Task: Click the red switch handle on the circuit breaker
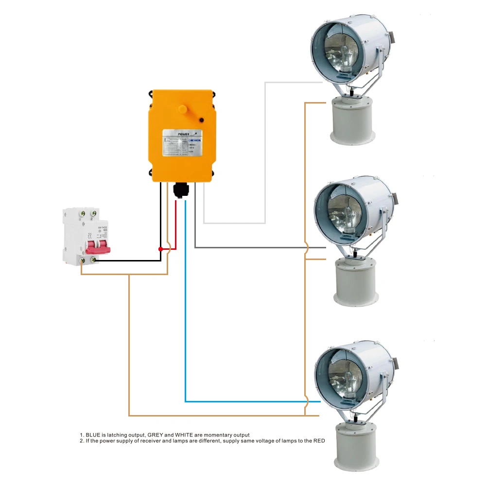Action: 98,249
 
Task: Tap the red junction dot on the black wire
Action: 161,249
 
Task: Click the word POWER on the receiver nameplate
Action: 184,133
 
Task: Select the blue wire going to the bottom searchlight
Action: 185,316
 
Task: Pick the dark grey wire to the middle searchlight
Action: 253,248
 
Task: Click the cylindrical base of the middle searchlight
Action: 355,282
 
